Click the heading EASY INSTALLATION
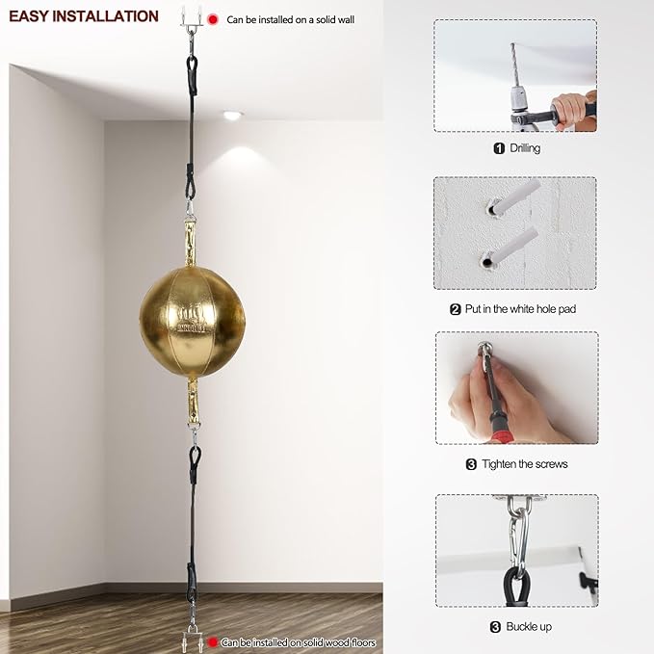84,16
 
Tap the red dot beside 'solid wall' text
212,18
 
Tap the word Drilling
525,148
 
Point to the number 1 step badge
499,148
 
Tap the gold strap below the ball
193,402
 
